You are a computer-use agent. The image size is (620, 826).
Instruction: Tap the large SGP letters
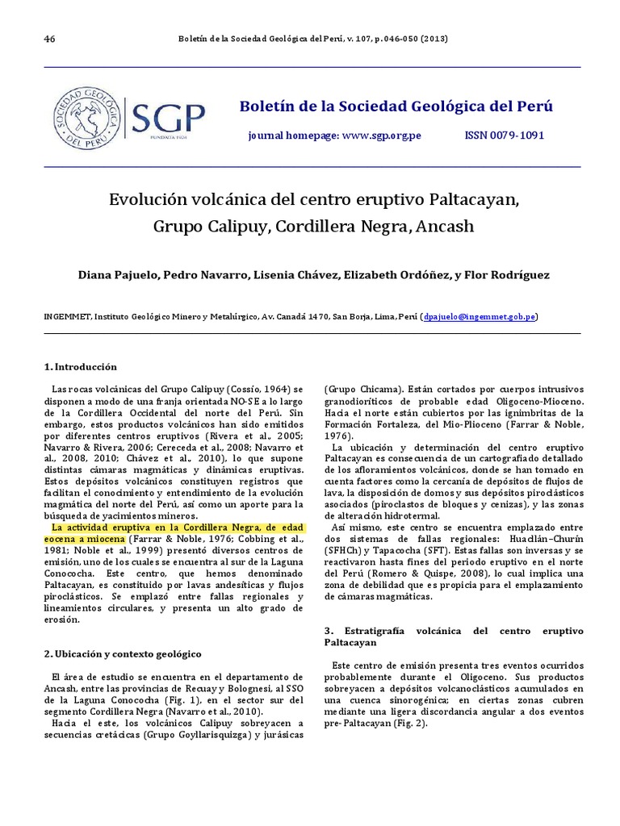click(x=169, y=119)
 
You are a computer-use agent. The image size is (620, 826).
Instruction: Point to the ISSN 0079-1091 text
click(x=504, y=136)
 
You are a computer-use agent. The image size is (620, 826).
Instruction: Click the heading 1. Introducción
click(x=81, y=366)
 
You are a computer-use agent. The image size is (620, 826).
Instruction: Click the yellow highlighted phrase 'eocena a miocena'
click(x=84, y=536)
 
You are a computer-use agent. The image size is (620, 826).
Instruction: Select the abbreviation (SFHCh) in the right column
click(x=342, y=551)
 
